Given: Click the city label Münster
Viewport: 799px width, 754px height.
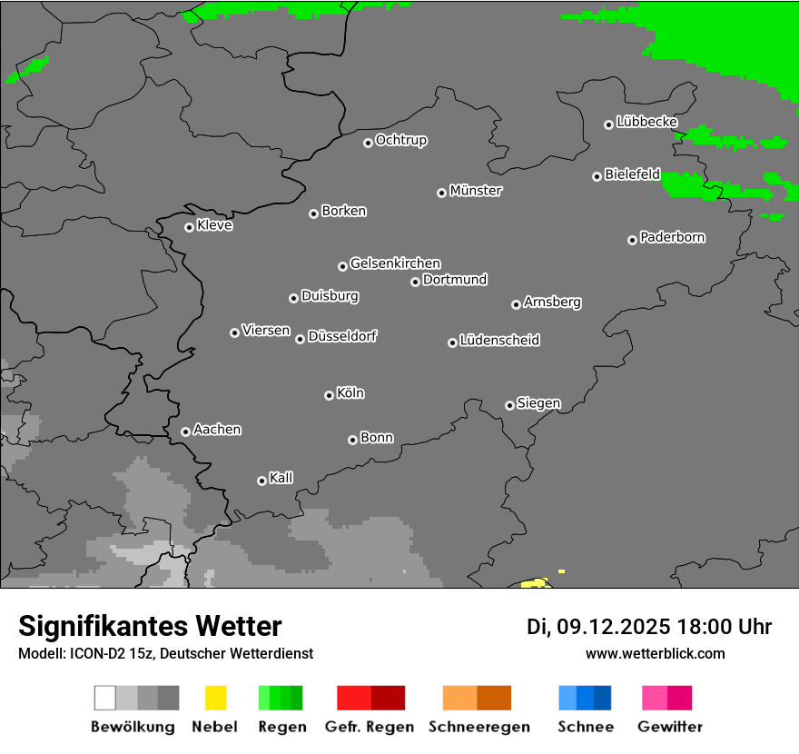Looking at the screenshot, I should [x=476, y=191].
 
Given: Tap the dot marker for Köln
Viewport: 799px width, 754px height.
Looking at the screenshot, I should [x=329, y=395].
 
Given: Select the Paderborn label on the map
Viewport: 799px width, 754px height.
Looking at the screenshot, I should [x=673, y=237].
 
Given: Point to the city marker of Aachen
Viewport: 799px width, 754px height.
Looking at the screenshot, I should [x=185, y=432].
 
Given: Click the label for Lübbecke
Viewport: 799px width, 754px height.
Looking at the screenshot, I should [x=647, y=122].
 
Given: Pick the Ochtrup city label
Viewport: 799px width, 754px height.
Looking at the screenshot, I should [x=401, y=140].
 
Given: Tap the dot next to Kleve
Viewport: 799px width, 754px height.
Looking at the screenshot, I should [x=189, y=227].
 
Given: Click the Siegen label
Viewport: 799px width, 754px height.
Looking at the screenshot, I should [x=539, y=403].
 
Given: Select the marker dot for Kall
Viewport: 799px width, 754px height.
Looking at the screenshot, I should [x=261, y=481].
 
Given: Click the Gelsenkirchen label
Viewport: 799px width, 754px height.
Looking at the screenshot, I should [x=396, y=263].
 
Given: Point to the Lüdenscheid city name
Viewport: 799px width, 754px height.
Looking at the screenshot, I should [x=500, y=341].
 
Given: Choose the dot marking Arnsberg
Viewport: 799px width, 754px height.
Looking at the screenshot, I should [x=516, y=304].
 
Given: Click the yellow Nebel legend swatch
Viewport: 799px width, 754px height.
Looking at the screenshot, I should [x=215, y=698].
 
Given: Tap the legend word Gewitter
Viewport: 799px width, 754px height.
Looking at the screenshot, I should [x=670, y=727].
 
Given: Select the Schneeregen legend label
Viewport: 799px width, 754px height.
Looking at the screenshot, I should [x=479, y=727].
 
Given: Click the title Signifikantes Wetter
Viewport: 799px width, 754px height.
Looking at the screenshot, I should [x=150, y=627].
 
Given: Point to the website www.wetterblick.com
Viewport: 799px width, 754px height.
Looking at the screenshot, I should [x=655, y=653].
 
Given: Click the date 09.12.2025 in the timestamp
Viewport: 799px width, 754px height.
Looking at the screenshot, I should [x=614, y=627].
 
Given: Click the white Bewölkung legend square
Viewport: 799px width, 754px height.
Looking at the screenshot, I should [x=104, y=698].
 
